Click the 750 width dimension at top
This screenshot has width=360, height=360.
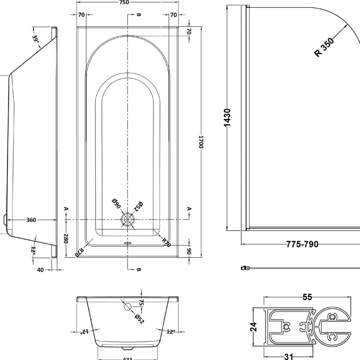124,3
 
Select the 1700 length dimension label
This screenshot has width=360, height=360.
201,142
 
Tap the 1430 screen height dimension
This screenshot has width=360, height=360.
227,118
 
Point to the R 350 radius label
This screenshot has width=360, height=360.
324,47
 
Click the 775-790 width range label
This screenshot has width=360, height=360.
302,244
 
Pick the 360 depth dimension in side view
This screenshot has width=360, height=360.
31,220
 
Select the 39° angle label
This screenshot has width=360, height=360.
36,39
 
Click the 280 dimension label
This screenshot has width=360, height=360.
66,238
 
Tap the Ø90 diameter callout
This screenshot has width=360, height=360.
116,204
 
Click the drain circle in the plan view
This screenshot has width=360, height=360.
127,220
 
